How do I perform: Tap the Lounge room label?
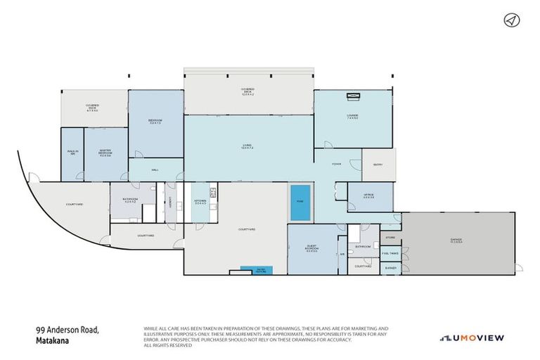click(352, 117)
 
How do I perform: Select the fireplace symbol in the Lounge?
click(352, 97)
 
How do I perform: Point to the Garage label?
click(457, 241)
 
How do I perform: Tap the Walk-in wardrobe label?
click(72, 152)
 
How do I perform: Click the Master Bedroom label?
click(105, 153)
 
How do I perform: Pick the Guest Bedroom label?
click(311, 247)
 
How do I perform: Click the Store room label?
click(390, 238)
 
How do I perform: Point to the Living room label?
click(247, 146)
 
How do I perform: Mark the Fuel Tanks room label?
click(390, 253)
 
